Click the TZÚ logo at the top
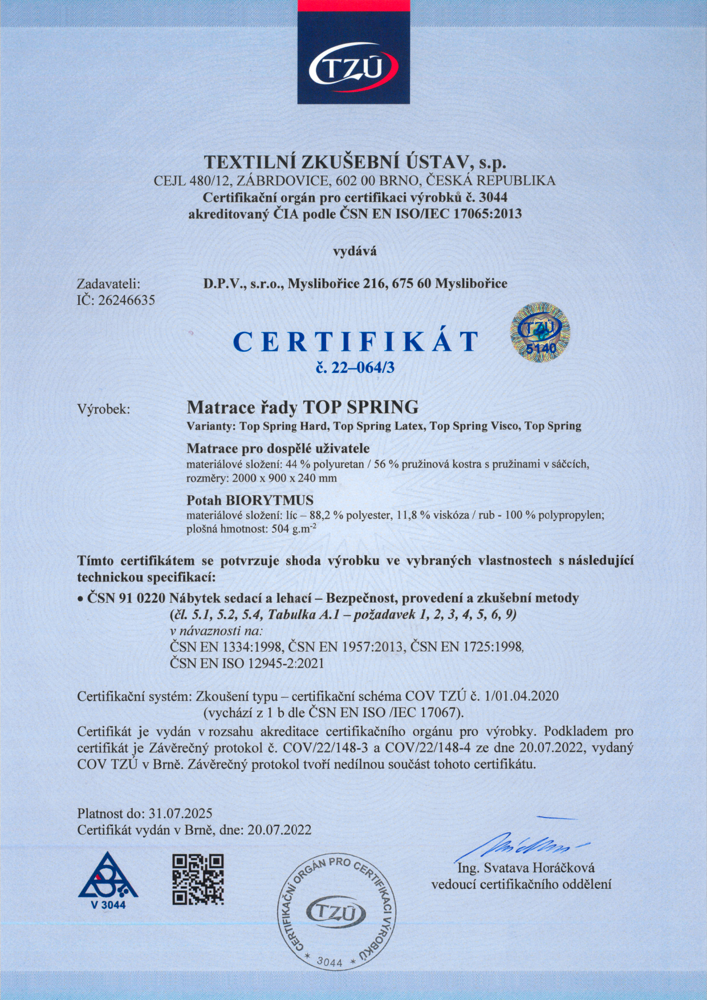click(353, 67)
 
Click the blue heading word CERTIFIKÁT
click(356, 342)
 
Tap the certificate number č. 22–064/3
click(355, 368)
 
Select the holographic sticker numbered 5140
click(539, 332)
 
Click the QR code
click(198, 880)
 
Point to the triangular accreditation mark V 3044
click(108, 880)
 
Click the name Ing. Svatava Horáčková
click(526, 868)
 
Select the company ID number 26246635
click(127, 300)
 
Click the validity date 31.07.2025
click(180, 814)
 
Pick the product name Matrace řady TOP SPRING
click(303, 407)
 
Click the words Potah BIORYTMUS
click(250, 501)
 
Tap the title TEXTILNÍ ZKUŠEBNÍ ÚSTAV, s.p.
click(355, 162)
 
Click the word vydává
click(355, 250)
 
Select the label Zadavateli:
click(108, 283)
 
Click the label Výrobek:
click(104, 409)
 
